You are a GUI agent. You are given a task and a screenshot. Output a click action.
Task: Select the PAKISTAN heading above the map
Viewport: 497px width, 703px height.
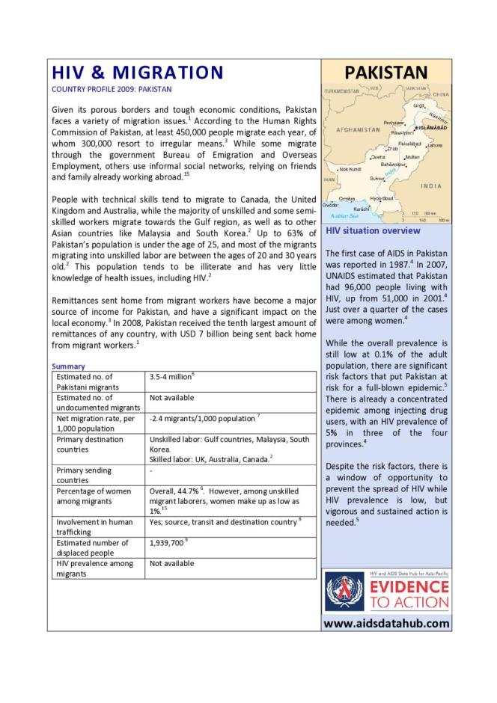pyautogui.click(x=385, y=73)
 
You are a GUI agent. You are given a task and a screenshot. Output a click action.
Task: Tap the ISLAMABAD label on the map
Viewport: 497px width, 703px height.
pyautogui.click(x=432, y=128)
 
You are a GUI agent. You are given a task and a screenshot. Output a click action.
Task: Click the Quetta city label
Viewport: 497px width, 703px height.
pyautogui.click(x=379, y=157)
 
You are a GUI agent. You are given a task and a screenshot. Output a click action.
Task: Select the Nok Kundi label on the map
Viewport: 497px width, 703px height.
pyautogui.click(x=351, y=170)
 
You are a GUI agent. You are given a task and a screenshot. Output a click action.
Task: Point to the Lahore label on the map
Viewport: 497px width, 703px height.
pyautogui.click(x=435, y=145)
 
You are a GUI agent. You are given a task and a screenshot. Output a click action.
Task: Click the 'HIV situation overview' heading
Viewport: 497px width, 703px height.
pyautogui.click(x=372, y=231)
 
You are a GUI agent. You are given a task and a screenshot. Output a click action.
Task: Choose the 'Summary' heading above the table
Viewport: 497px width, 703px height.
pyautogui.click(x=68, y=366)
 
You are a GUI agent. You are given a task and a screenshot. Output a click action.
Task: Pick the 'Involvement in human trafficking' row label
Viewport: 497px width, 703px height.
pyautogui.click(x=94, y=526)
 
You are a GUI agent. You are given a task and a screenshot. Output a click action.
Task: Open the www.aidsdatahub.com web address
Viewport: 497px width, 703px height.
pyautogui.click(x=386, y=623)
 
